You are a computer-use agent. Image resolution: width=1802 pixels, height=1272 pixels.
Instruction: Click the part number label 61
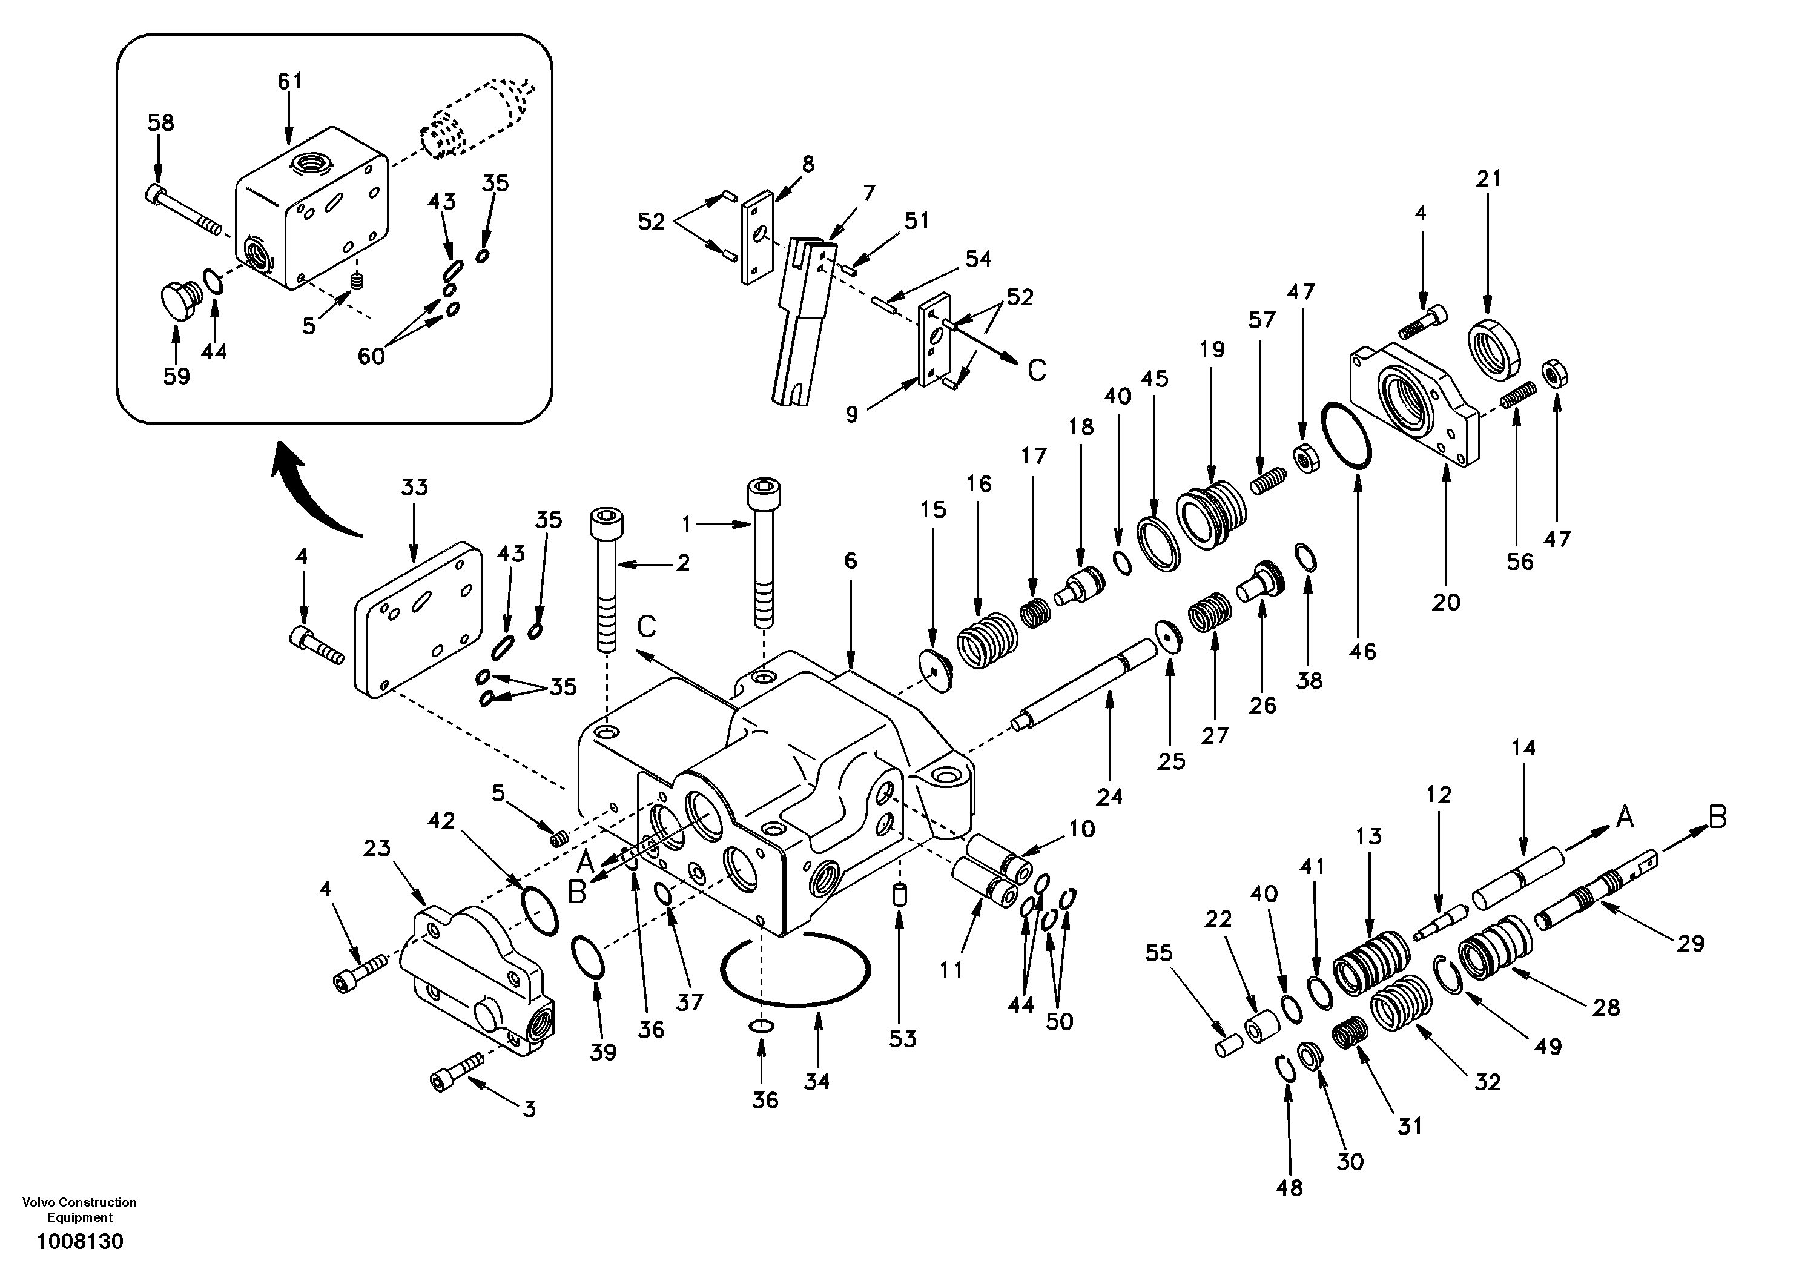click(x=289, y=81)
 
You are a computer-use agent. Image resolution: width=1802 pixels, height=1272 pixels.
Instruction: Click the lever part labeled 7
click(x=805, y=322)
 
